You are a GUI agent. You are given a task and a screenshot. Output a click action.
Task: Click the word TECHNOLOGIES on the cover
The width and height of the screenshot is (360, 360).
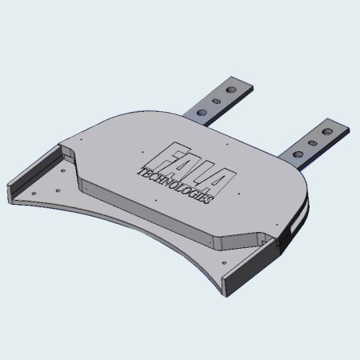point(176,185)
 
